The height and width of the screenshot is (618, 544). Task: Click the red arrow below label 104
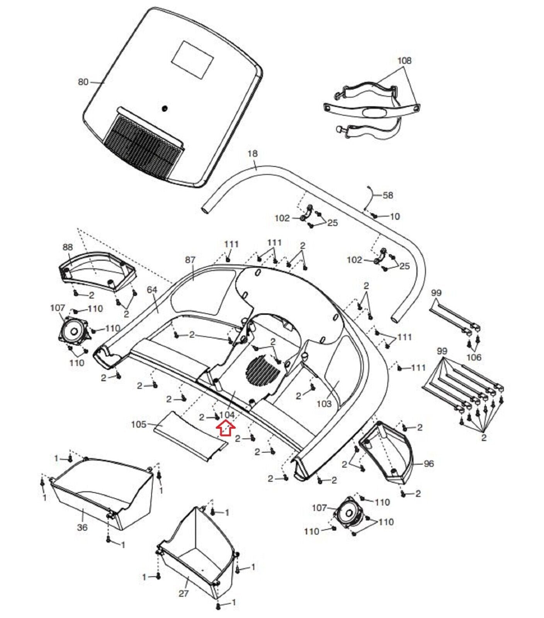click(225, 428)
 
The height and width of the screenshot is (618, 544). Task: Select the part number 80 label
click(83, 82)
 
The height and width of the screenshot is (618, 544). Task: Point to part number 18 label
click(252, 153)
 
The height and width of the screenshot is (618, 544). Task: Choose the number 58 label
click(388, 195)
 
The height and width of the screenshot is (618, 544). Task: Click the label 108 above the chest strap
click(405, 61)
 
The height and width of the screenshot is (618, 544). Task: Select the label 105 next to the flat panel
click(139, 424)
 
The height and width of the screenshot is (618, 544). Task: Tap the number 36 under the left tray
click(82, 527)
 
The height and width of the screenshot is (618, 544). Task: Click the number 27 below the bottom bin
click(184, 593)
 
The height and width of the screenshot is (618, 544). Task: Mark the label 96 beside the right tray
click(429, 463)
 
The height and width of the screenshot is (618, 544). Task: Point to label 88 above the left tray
click(68, 247)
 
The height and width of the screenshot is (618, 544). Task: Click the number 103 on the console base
click(324, 404)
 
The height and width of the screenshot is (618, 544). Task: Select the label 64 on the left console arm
click(152, 289)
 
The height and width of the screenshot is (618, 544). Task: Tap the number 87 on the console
click(190, 260)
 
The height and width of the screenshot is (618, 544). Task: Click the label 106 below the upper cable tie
click(474, 357)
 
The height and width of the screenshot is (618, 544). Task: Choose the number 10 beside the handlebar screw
click(394, 216)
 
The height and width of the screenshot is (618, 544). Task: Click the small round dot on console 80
click(165, 109)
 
